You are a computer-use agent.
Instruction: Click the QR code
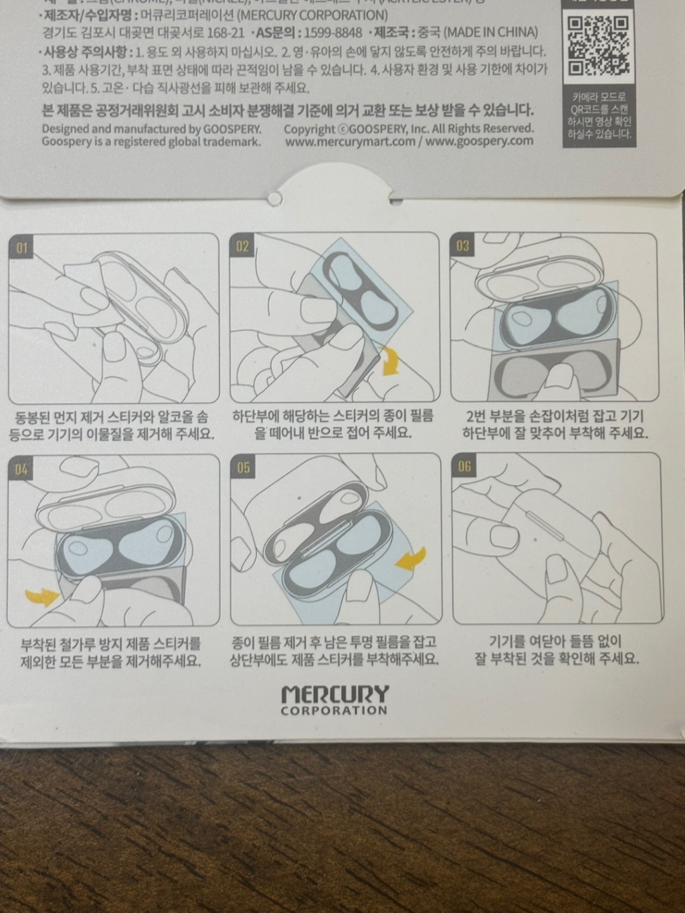pyautogui.click(x=599, y=46)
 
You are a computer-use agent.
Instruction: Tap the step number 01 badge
pyautogui.click(x=23, y=249)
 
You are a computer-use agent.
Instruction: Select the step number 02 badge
pyautogui.click(x=242, y=247)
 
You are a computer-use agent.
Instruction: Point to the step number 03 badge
pyautogui.click(x=463, y=246)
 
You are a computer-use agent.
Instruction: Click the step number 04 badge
pyautogui.click(x=21, y=470)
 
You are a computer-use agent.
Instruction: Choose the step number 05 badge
pyautogui.click(x=243, y=467)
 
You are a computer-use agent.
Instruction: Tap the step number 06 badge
pyautogui.click(x=465, y=466)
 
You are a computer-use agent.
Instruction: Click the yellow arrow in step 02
pyautogui.click(x=389, y=362)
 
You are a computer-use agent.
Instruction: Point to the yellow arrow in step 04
pyautogui.click(x=41, y=595)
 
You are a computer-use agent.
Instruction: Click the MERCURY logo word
pyautogui.click(x=334, y=694)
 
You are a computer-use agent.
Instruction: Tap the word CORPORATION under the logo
pyautogui.click(x=334, y=710)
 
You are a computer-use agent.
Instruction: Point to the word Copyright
pyautogui.click(x=308, y=129)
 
